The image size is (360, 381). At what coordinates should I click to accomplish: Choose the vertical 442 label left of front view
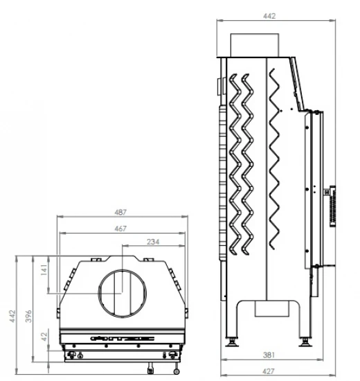12,316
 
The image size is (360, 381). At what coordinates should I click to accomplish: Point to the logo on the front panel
122,339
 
